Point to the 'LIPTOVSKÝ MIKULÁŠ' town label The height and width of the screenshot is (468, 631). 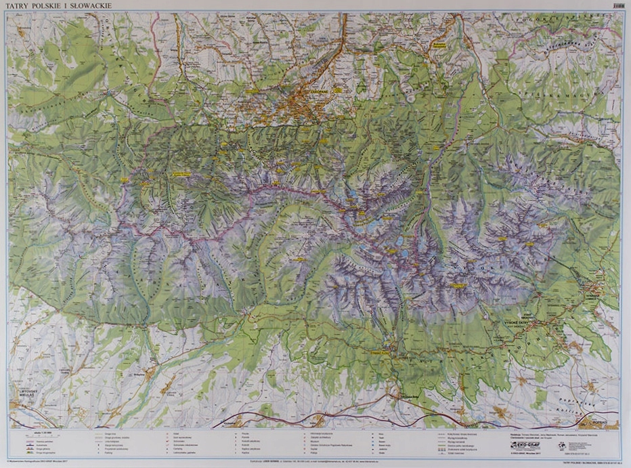point(26,394)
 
